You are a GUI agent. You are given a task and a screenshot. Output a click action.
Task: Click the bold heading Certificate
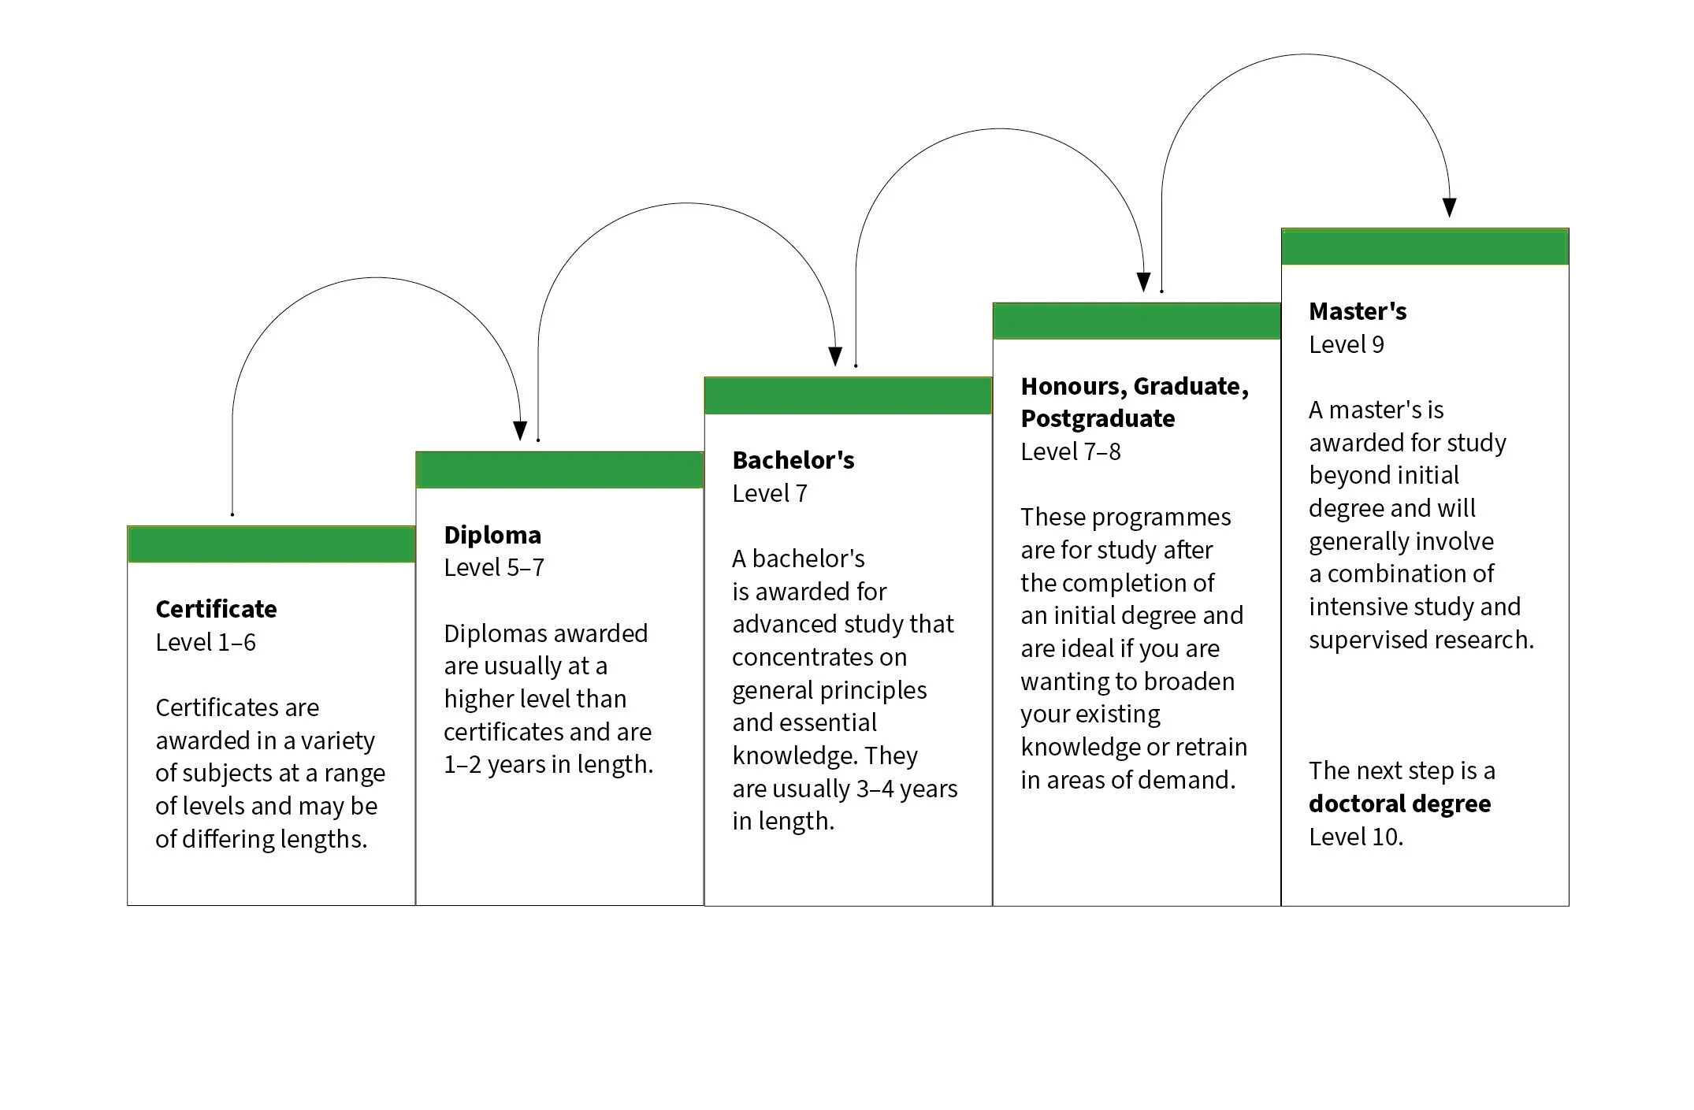click(x=216, y=609)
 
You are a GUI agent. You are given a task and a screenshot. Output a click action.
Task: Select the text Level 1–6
click(x=206, y=643)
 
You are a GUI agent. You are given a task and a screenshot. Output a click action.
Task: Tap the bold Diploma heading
click(x=492, y=535)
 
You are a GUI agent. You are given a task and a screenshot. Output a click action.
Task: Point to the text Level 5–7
click(x=494, y=568)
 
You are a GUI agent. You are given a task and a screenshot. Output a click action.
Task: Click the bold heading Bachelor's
click(x=793, y=460)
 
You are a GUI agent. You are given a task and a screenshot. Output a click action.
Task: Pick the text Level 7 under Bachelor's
click(x=770, y=494)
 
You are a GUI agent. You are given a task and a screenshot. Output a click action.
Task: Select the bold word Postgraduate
click(x=1098, y=418)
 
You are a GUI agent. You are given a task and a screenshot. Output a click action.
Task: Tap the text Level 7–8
click(x=1071, y=452)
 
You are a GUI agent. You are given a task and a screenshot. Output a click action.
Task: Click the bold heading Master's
click(x=1358, y=311)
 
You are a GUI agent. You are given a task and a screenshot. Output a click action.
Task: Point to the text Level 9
click(x=1347, y=345)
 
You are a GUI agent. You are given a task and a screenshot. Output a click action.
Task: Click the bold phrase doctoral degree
click(x=1399, y=804)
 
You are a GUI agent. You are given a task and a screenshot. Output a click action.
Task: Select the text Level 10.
click(x=1356, y=837)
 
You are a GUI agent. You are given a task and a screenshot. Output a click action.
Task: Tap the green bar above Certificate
click(x=271, y=544)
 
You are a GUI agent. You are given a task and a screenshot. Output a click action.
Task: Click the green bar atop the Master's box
click(x=1425, y=247)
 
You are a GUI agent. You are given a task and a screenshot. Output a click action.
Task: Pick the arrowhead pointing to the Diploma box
click(x=520, y=431)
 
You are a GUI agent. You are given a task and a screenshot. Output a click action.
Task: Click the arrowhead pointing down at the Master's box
click(x=1450, y=207)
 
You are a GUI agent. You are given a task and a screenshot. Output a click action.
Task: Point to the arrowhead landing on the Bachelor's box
click(x=836, y=357)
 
